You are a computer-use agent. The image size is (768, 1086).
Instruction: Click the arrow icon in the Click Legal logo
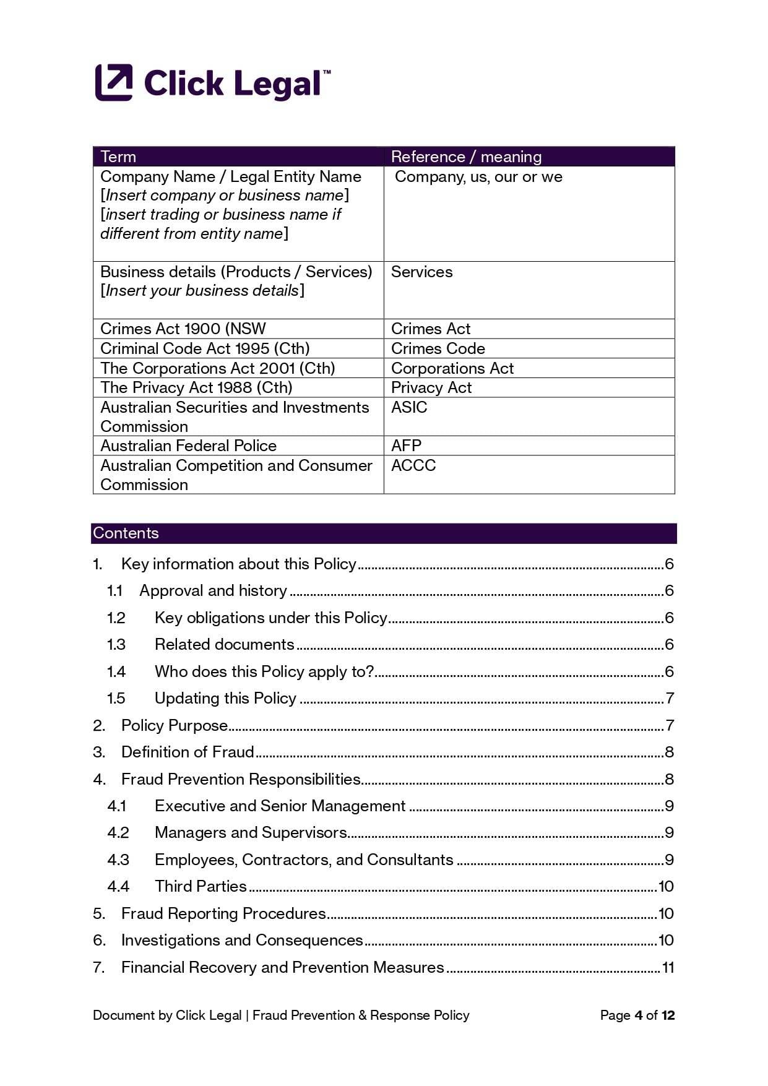[x=114, y=82]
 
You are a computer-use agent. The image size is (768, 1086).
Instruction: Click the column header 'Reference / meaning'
[x=466, y=157]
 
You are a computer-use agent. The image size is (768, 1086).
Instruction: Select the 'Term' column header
[x=118, y=157]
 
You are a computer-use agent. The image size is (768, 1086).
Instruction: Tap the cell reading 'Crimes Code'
[x=438, y=348]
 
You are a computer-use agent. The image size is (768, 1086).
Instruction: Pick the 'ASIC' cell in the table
[x=409, y=407]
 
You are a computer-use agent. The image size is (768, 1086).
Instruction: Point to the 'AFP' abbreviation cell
[x=406, y=446]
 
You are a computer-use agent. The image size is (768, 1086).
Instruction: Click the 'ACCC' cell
[x=413, y=465]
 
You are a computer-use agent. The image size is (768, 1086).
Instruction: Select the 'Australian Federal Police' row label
[x=188, y=446]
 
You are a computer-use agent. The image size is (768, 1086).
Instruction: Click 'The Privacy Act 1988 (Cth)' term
[x=196, y=387]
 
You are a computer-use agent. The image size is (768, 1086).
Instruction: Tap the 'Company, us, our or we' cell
[x=478, y=177]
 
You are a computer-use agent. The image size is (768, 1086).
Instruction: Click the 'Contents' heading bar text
[x=126, y=533]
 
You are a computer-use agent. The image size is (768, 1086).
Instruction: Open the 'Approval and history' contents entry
[x=213, y=590]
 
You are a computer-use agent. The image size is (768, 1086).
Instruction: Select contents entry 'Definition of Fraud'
[x=188, y=752]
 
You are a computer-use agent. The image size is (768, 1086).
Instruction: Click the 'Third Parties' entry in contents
[x=201, y=886]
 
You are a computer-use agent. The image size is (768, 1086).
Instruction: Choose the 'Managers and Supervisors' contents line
[x=251, y=832]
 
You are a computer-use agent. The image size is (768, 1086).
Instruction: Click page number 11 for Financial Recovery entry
[x=668, y=967]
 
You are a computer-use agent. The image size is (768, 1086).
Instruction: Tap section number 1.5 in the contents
[x=116, y=698]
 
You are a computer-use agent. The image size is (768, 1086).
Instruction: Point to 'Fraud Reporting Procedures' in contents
[x=223, y=913]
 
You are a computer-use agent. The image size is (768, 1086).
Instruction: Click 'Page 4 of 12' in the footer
[x=637, y=1015]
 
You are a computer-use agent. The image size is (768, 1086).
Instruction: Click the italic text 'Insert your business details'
[x=202, y=290]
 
